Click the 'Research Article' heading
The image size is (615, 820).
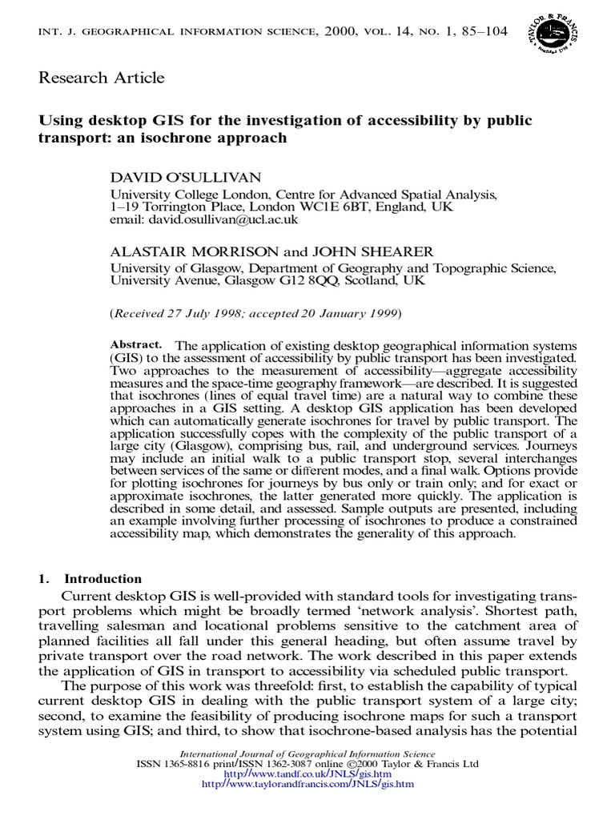[102, 78]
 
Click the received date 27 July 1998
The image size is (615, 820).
[211, 312]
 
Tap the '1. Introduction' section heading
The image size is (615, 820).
[90, 579]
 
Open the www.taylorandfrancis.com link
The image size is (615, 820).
[307, 785]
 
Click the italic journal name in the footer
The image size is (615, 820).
[307, 754]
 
